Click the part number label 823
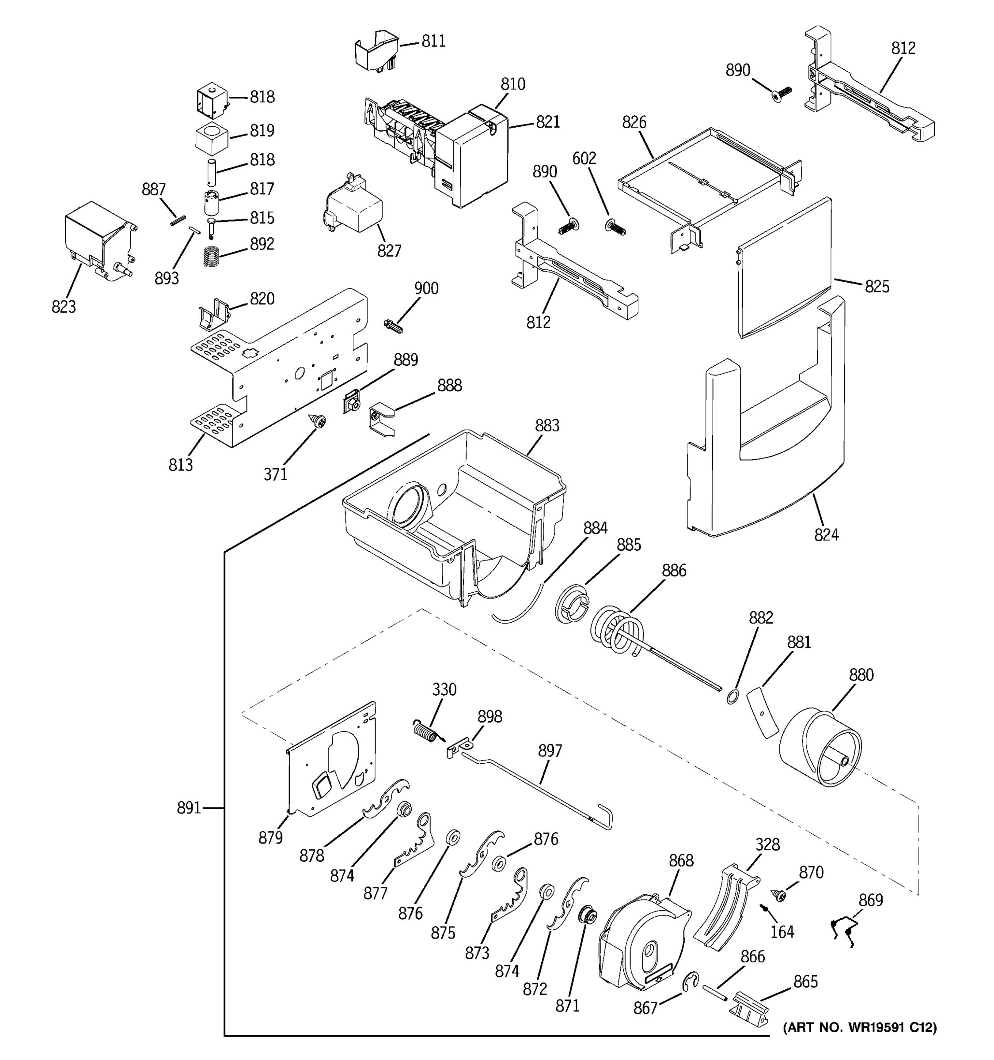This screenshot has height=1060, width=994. click(x=64, y=307)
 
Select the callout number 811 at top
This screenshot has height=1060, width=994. click(x=433, y=41)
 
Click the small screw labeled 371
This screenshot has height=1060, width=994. click(x=319, y=422)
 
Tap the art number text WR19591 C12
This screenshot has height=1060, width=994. click(x=859, y=1026)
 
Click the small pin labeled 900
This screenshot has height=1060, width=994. click(x=393, y=325)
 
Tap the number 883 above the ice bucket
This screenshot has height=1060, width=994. click(x=547, y=425)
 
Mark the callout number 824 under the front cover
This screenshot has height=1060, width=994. click(x=826, y=534)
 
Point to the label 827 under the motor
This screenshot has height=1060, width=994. click(x=389, y=250)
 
